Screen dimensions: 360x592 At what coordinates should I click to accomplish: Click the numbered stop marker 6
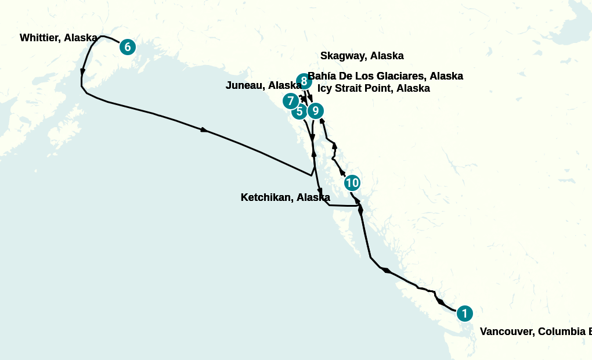pos(128,47)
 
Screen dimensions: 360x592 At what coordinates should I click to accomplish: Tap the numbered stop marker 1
pos(464,314)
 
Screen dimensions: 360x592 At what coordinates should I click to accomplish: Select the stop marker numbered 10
pos(352,183)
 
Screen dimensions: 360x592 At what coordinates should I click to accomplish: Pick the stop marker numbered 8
pos(304,81)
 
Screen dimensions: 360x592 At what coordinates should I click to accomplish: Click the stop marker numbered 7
pos(291,101)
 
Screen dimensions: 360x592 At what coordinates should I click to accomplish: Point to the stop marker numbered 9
pos(315,110)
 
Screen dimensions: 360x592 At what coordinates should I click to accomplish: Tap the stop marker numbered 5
pos(299,111)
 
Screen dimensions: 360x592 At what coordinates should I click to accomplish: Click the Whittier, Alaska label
pos(58,38)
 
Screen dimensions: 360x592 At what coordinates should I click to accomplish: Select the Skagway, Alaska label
pos(362,56)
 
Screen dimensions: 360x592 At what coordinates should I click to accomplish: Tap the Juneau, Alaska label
pos(263,86)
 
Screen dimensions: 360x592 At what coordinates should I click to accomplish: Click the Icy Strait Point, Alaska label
pos(374,88)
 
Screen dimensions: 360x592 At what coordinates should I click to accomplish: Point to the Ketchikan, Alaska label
pos(285,197)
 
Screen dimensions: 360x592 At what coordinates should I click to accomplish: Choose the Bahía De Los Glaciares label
pos(385,76)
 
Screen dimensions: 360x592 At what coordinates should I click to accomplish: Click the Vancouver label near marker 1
pos(534,332)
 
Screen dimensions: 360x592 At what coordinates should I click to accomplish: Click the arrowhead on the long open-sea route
pos(204,130)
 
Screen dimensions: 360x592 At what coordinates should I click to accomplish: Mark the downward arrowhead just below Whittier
pos(83,72)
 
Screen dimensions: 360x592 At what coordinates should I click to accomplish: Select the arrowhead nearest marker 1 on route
pos(441,302)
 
